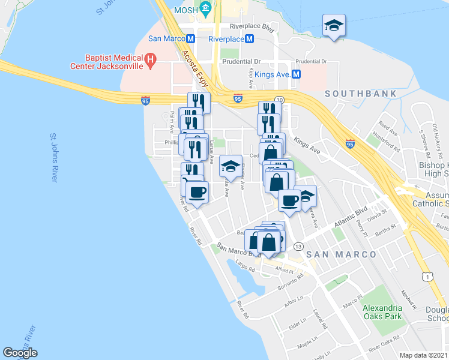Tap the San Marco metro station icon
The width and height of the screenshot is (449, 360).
pyautogui.click(x=191, y=38)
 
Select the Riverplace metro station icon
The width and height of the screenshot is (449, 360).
pyautogui.click(x=250, y=38)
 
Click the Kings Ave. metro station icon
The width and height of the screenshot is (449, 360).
pyautogui.click(x=296, y=74)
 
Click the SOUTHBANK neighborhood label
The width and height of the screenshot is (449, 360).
pyautogui.click(x=361, y=94)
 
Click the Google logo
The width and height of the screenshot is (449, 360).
pyautogui.click(x=20, y=353)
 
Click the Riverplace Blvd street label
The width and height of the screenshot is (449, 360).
pyautogui.click(x=252, y=28)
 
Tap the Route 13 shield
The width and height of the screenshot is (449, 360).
pyautogui.click(x=298, y=247)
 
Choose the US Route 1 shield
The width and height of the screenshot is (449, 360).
pyautogui.click(x=427, y=276)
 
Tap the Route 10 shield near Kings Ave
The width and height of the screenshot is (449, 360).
pyautogui.click(x=279, y=99)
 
